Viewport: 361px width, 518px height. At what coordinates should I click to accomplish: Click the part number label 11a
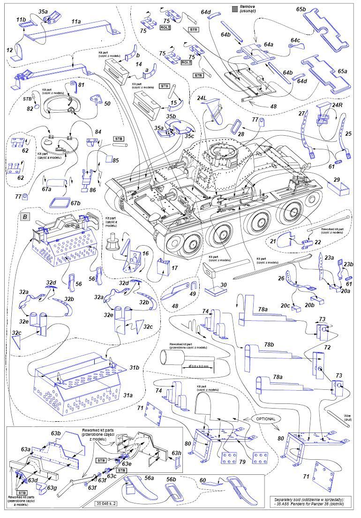point(76,22)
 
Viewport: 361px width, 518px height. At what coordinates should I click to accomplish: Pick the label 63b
point(56,433)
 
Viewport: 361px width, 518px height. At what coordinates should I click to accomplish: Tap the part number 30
point(223,284)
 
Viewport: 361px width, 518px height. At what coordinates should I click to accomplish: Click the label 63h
point(176,453)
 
